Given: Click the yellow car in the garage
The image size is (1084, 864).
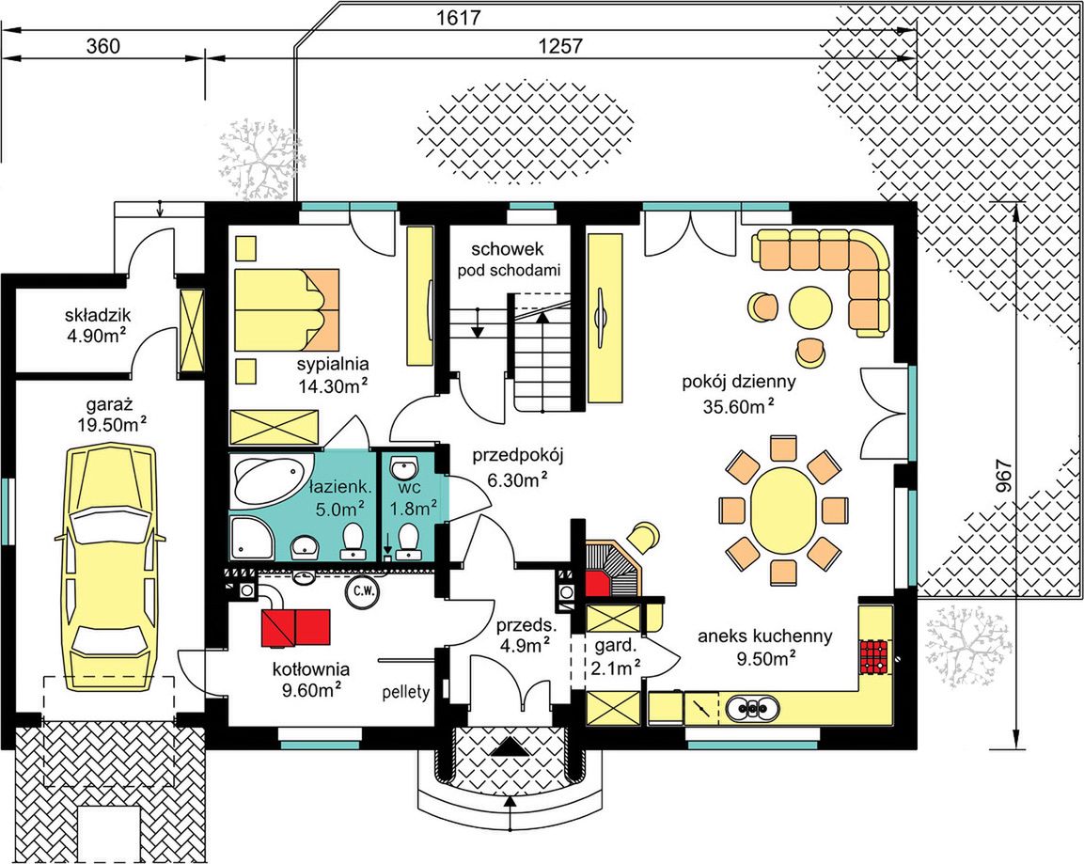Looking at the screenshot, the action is point(111,568).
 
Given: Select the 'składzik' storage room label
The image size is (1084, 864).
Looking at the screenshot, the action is point(98,316).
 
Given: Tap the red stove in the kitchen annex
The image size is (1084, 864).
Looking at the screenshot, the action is point(874,656).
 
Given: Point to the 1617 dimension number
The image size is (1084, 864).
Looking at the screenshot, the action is point(460,19).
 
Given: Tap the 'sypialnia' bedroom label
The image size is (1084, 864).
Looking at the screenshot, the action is point(333,364).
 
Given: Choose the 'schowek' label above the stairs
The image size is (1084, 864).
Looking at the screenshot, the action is point(508,249).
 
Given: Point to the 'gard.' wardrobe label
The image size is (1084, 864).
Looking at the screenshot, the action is point(615,647).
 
